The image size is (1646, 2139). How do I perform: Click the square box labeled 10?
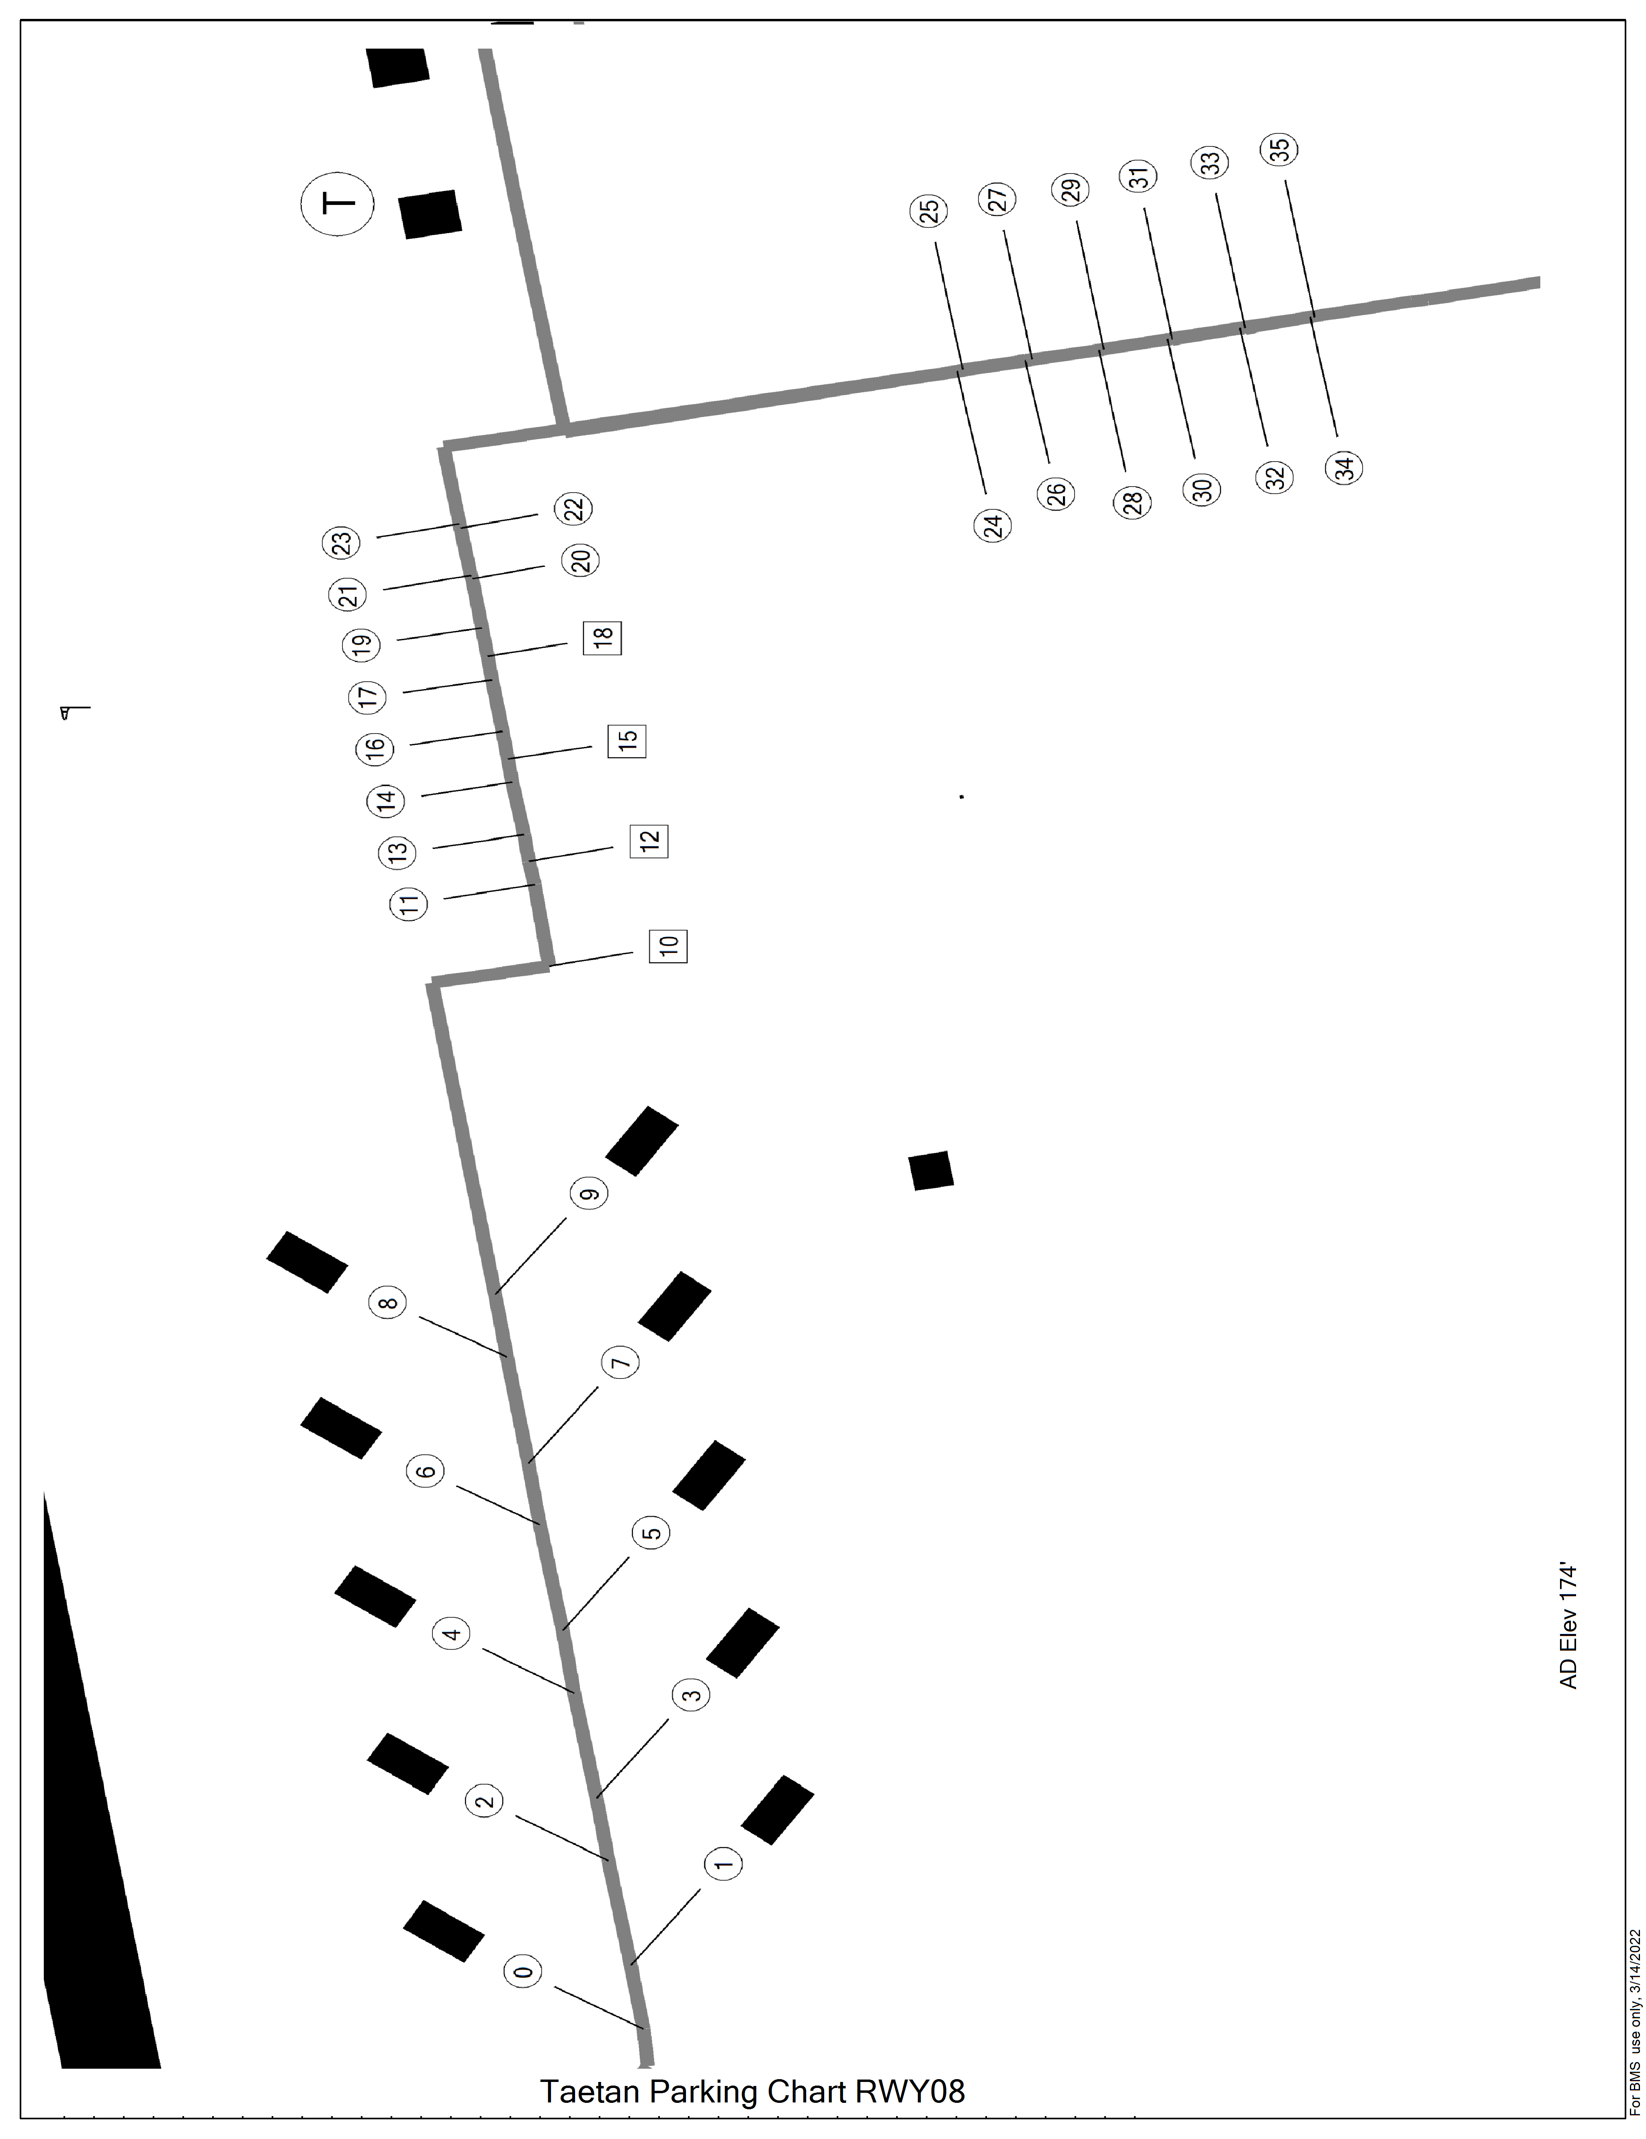tap(668, 945)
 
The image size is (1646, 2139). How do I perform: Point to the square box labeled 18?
tap(602, 638)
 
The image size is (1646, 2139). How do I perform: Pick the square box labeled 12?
tap(649, 841)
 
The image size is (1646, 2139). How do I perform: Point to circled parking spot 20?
tap(580, 561)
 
